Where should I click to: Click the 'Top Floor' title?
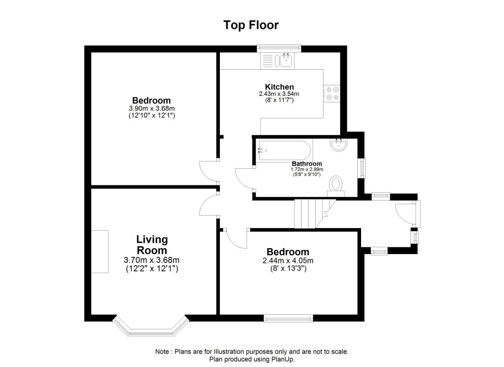[251, 25]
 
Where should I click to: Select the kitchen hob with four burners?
[332, 93]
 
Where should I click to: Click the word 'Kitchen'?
[279, 87]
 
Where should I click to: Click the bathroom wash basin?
[340, 145]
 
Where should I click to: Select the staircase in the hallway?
[314, 214]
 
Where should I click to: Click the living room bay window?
[151, 327]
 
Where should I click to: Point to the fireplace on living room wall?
[99, 252]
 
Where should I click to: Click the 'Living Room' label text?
[152, 245]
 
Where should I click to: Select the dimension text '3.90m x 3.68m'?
[152, 108]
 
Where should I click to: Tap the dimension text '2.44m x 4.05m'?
[288, 261]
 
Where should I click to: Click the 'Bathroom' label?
[307, 164]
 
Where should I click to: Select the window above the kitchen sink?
[279, 47]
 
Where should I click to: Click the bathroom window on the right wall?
[362, 168]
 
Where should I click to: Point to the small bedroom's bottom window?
[288, 317]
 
